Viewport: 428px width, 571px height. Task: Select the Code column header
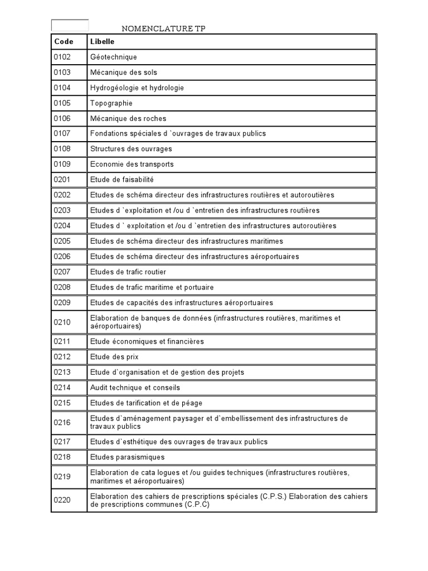pyautogui.click(x=64, y=42)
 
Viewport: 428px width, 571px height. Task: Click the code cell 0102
pyautogui.click(x=62, y=57)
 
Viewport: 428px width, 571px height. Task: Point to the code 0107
pyautogui.click(x=62, y=134)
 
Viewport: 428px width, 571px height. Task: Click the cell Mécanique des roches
pyautogui.click(x=128, y=118)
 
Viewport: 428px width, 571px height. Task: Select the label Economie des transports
pyautogui.click(x=132, y=164)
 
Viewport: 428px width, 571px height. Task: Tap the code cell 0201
pyautogui.click(x=62, y=180)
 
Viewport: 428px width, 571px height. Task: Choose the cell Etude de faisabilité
pyautogui.click(x=121, y=180)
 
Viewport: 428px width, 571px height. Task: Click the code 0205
pyautogui.click(x=62, y=241)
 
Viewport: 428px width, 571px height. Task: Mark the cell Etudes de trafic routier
pyautogui.click(x=128, y=272)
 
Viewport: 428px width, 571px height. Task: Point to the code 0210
pyautogui.click(x=62, y=322)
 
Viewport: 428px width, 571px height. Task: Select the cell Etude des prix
pyautogui.click(x=114, y=357)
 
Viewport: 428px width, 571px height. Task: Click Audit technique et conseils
pyautogui.click(x=135, y=388)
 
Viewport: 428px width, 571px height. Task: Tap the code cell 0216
pyautogui.click(x=62, y=423)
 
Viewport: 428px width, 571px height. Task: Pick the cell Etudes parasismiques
pyautogui.click(x=127, y=457)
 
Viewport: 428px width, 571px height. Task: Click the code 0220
pyautogui.click(x=62, y=500)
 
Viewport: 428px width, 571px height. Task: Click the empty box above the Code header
pyautogui.click(x=70, y=25)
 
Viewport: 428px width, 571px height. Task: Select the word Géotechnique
pyautogui.click(x=113, y=57)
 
